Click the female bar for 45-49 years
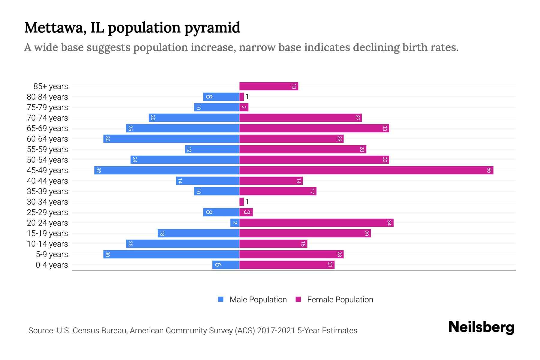(366, 170)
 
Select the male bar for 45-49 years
(167, 170)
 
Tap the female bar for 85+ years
(268, 86)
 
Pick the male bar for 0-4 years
(226, 265)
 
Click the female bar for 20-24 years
(316, 223)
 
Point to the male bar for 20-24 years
(235, 223)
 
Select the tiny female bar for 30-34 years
(241, 202)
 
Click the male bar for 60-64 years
(171, 139)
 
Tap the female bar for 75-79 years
(244, 107)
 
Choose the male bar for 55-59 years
(212, 149)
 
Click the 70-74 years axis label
(47, 118)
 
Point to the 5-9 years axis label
(52, 254)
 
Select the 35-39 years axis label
(47, 191)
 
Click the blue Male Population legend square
(221, 299)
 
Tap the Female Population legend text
(340, 300)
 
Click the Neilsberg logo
(481, 327)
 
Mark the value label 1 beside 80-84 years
(247, 97)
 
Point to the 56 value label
(489, 170)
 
